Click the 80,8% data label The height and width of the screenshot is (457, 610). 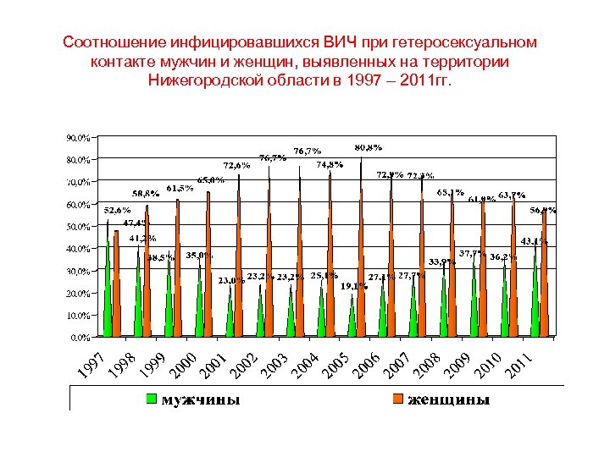pyautogui.click(x=368, y=147)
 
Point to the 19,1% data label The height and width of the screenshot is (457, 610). pyautogui.click(x=354, y=286)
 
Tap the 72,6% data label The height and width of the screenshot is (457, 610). pyautogui.click(x=236, y=165)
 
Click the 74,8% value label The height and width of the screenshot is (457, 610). pyautogui.click(x=330, y=164)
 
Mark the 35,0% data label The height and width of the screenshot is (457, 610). pyautogui.click(x=200, y=255)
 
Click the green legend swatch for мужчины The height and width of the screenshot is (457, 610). pyautogui.click(x=152, y=398)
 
